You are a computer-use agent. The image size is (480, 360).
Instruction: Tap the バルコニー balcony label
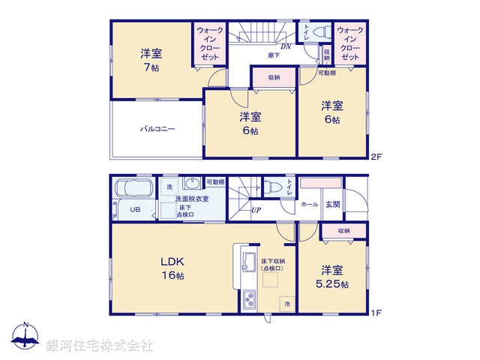pyautogui.click(x=157, y=129)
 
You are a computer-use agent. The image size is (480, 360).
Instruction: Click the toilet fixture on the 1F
pyautogui.click(x=272, y=187)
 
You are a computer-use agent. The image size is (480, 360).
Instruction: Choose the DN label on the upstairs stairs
pyautogui.click(x=285, y=46)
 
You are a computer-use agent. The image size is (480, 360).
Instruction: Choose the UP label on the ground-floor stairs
pyautogui.click(x=256, y=210)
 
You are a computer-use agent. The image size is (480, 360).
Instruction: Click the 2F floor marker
pyautogui.click(x=377, y=157)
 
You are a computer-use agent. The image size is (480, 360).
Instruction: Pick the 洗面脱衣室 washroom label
pyautogui.click(x=193, y=199)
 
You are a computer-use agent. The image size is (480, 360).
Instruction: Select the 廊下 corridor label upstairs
pyautogui.click(x=274, y=55)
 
